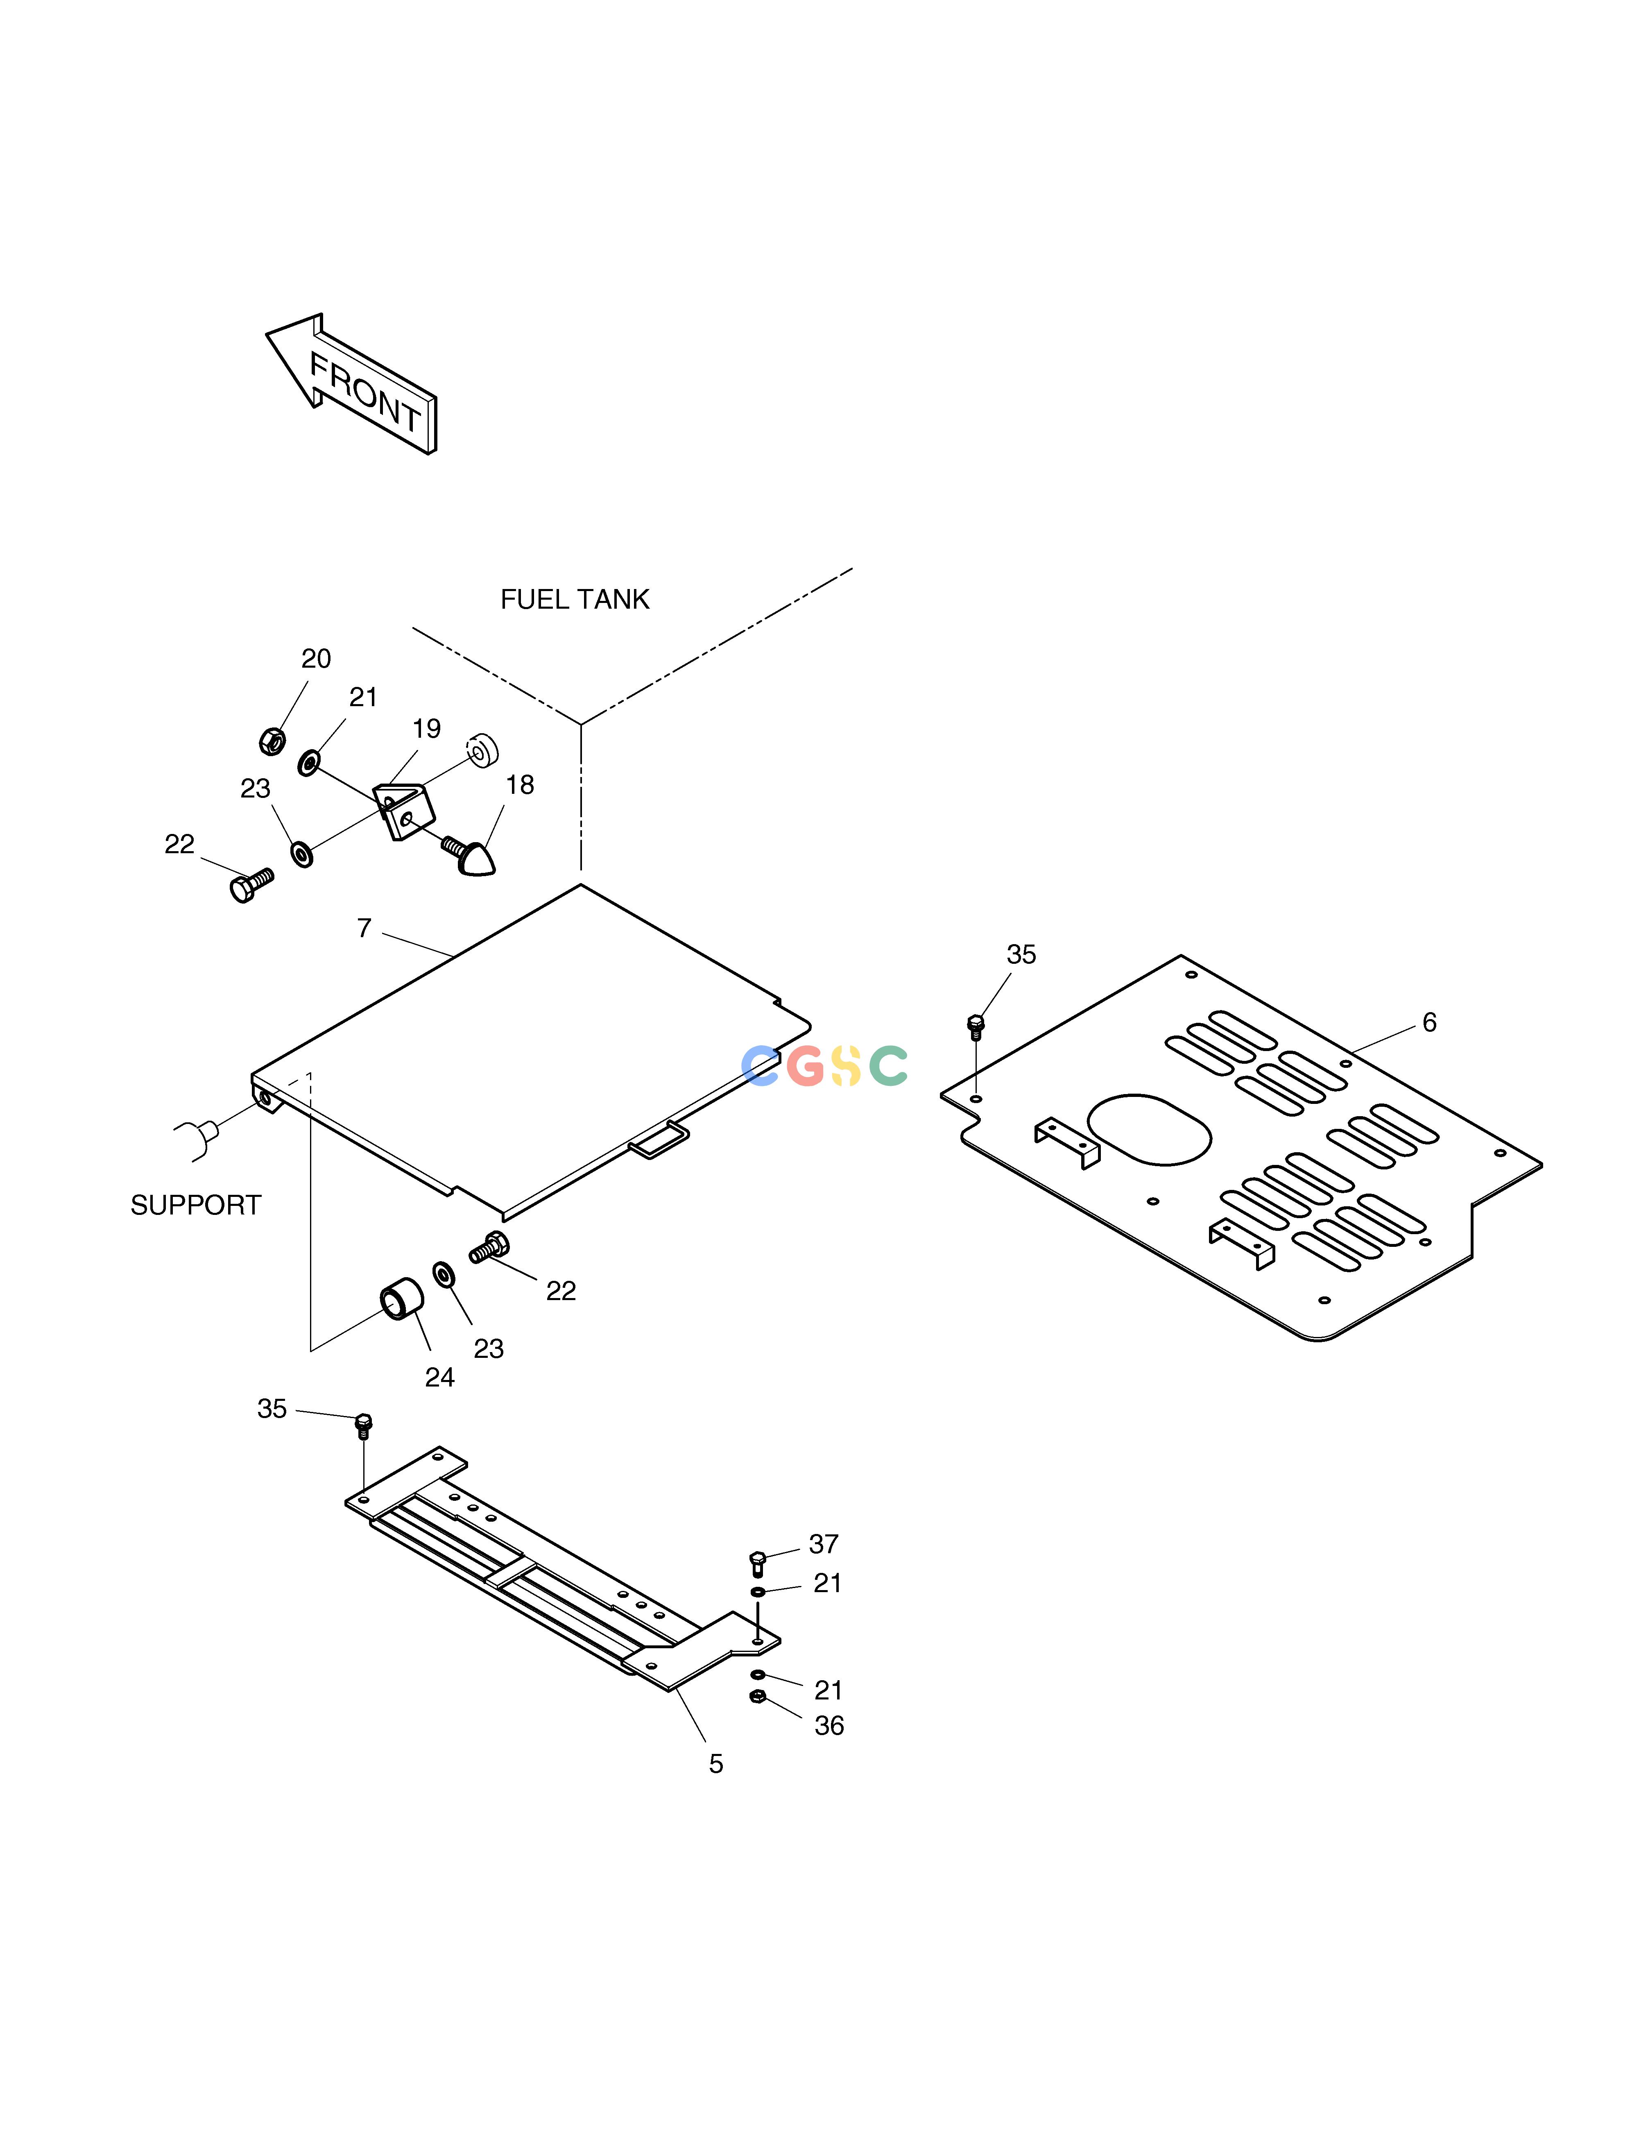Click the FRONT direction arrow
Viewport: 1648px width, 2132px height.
tap(351, 384)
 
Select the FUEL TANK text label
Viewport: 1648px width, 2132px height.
tap(575, 599)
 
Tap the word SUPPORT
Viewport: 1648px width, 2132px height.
tap(196, 1205)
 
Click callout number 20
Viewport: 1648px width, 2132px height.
tap(316, 659)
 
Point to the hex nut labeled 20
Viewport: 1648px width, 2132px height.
tap(272, 742)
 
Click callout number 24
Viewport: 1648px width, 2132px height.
tap(439, 1378)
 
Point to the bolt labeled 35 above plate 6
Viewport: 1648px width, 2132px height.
tap(974, 1026)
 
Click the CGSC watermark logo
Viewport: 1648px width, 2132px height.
tap(825, 1065)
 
